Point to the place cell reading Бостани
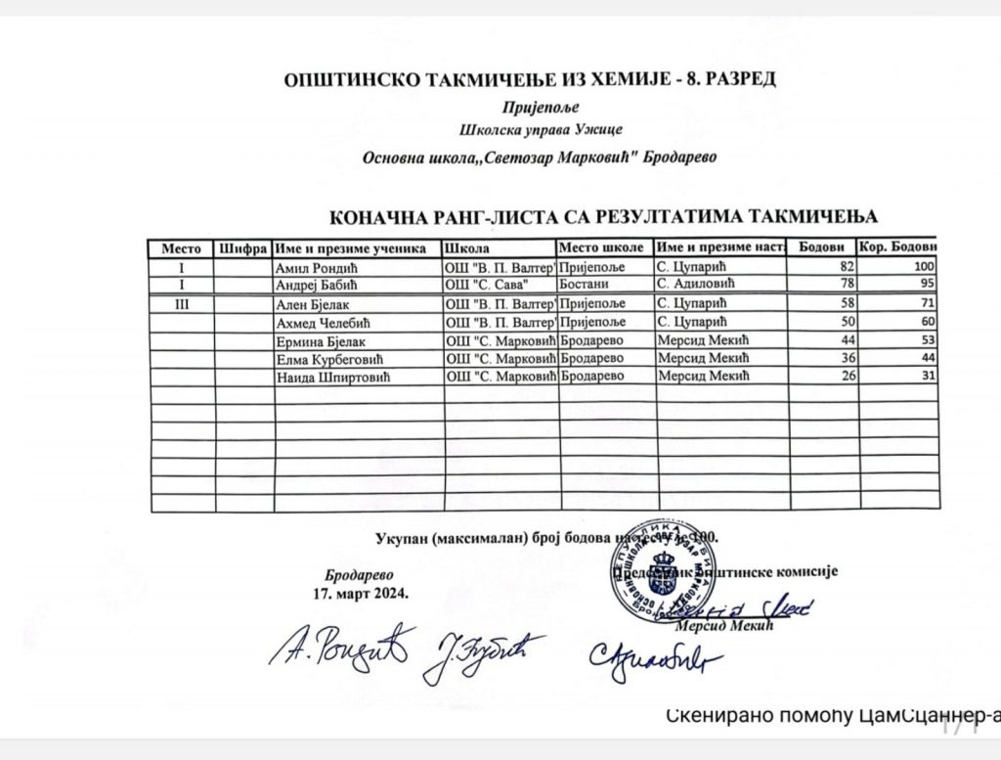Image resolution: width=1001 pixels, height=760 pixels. click(x=584, y=284)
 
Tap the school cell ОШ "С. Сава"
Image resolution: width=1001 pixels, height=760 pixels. click(x=486, y=284)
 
